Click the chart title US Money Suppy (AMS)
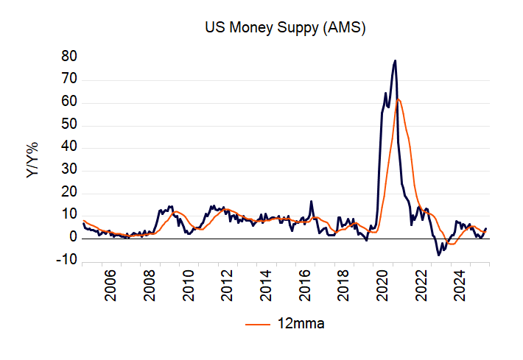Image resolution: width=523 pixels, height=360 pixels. pyautogui.click(x=285, y=29)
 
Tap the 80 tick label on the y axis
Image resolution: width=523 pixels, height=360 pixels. pyautogui.click(x=70, y=57)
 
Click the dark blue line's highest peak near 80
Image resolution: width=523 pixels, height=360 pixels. pyautogui.click(x=396, y=60)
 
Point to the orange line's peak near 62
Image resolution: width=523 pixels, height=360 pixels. pyautogui.click(x=399, y=99)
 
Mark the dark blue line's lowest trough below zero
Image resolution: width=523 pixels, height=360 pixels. pyautogui.click(x=439, y=255)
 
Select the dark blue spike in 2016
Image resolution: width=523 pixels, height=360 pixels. pyautogui.click(x=312, y=201)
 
